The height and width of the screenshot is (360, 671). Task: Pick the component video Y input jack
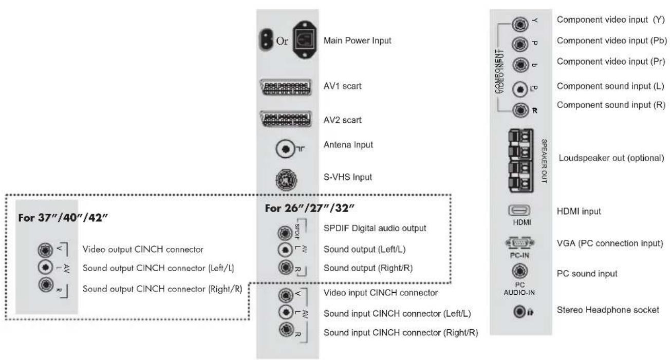coord(519,23)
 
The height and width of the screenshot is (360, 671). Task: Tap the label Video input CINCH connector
coord(381,293)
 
